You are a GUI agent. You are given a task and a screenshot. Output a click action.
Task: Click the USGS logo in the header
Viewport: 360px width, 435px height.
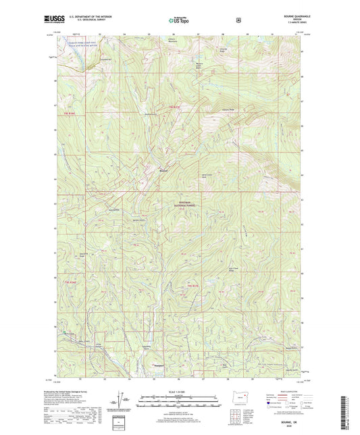53,20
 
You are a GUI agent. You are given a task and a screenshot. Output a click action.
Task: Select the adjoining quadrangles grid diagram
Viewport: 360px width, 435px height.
236,413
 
